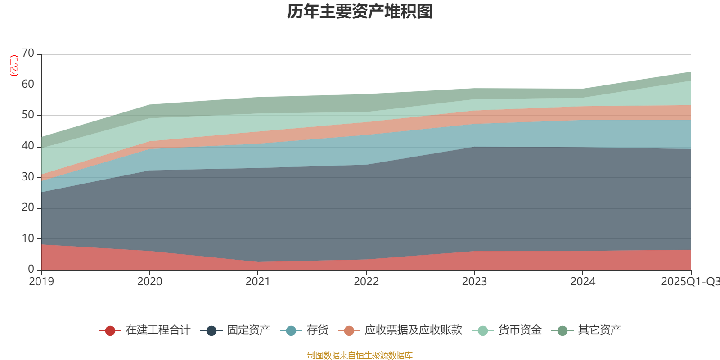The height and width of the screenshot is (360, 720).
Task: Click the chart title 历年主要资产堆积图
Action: pyautogui.click(x=360, y=12)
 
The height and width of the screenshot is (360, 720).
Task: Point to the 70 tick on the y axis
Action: pyautogui.click(x=28, y=53)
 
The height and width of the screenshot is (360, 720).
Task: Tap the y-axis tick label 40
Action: pyautogui.click(x=28, y=146)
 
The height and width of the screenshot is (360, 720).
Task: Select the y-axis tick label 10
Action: pyautogui.click(x=28, y=238)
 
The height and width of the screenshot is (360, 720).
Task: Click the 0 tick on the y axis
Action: pyautogui.click(x=31, y=269)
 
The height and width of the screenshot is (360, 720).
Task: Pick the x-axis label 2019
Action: pyautogui.click(x=41, y=282)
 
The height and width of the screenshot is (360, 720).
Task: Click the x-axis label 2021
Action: pyautogui.click(x=258, y=282)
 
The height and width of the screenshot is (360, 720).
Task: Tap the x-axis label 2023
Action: pyautogui.click(x=474, y=282)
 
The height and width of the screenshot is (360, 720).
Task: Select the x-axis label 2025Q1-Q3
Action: pyautogui.click(x=690, y=282)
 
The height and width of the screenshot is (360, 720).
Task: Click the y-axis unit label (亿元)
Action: pyautogui.click(x=14, y=66)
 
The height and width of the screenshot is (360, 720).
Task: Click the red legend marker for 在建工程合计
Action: pyautogui.click(x=110, y=331)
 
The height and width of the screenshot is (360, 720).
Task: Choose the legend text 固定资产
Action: pyautogui.click(x=248, y=330)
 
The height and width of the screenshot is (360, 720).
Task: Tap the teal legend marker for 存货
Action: pyautogui.click(x=291, y=331)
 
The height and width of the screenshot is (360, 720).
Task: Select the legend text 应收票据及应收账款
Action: pyautogui.click(x=413, y=330)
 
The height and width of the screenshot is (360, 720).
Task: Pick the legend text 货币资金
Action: pyautogui.click(x=520, y=330)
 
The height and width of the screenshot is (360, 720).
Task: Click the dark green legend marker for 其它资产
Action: pyautogui.click(x=562, y=331)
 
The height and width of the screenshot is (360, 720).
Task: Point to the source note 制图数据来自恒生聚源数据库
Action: pyautogui.click(x=360, y=355)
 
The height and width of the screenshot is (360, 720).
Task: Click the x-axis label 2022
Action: pyautogui.click(x=366, y=282)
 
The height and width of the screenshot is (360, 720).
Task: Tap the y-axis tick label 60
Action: pyautogui.click(x=28, y=84)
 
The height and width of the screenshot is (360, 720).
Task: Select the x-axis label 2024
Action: pyautogui.click(x=583, y=282)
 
